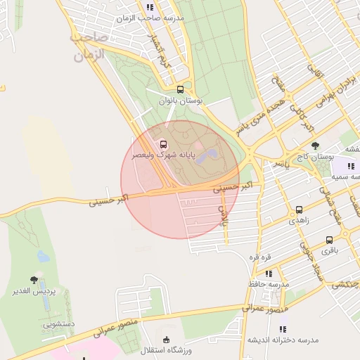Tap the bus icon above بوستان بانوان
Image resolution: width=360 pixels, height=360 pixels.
(181, 89)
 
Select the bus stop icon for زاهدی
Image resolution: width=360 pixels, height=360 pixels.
(300, 210)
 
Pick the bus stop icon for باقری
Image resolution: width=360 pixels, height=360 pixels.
(330, 239)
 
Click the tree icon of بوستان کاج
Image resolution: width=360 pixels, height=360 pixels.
(314, 146)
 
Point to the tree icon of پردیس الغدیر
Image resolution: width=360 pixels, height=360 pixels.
(33, 280)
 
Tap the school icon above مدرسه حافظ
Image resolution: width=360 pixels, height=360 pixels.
(268, 274)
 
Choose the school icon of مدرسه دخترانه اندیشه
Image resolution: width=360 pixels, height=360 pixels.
(283, 329)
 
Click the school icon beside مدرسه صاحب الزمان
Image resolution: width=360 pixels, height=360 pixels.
(150, 7)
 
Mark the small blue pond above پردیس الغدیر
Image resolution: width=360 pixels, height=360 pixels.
(43, 257)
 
